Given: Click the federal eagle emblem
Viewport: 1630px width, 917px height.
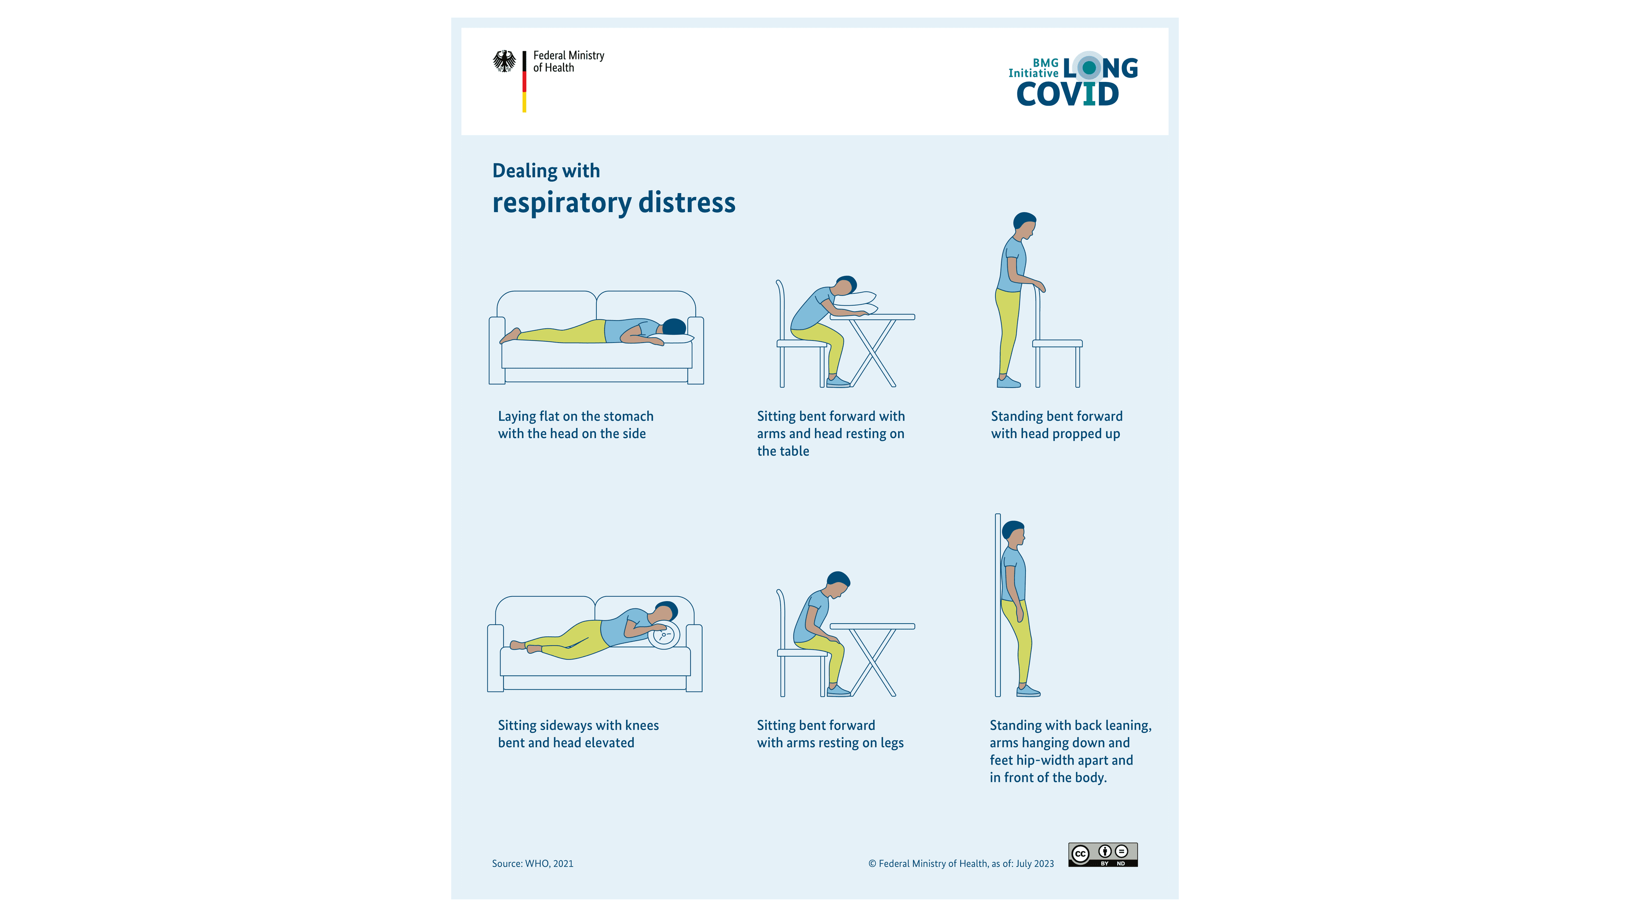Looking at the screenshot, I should [x=504, y=62].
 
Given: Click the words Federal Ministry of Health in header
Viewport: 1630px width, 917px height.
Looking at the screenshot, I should [x=568, y=62].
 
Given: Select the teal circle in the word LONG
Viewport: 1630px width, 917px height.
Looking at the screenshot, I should [x=1089, y=67].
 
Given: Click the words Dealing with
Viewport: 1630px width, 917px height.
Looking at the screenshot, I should [x=545, y=170].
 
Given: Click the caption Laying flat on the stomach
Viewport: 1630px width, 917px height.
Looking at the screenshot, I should [x=575, y=425].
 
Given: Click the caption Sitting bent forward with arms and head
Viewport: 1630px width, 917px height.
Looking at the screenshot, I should [x=830, y=433].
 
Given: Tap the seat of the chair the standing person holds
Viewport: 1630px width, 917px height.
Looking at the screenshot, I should [x=1057, y=343].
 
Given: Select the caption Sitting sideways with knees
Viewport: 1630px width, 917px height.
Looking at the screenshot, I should [x=578, y=734].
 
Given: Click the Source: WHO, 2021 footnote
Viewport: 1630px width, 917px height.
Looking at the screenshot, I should [x=532, y=863].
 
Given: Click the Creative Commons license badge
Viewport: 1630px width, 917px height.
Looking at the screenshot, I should [x=1102, y=854].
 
